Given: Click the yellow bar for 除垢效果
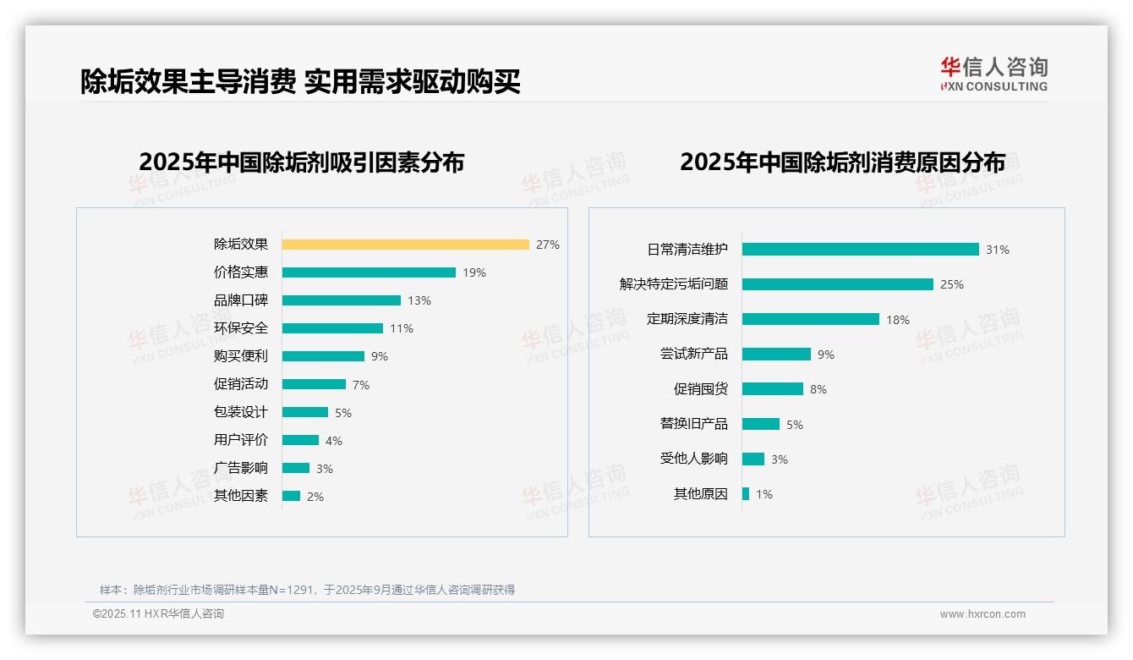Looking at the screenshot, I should point(406,245).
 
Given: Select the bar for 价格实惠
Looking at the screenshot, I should point(369,272).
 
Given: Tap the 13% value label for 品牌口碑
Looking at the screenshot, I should point(419,300).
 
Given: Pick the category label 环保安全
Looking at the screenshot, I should point(241,328).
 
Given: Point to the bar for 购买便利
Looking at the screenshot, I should point(323,356).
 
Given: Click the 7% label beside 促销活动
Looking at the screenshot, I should point(361,385).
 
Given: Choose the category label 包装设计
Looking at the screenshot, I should point(241,412).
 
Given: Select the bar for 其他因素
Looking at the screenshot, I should point(291,496).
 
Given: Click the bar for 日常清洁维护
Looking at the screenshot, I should point(861,250).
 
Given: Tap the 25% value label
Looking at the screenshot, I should point(952,284).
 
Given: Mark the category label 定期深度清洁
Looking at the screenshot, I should point(687,319).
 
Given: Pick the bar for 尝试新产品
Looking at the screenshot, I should point(776,355).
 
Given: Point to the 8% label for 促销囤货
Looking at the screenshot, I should point(818,389).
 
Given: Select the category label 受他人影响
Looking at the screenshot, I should point(694,459).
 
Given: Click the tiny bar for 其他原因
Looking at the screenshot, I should point(746,493).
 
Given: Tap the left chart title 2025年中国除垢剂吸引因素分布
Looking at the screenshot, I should point(302,162).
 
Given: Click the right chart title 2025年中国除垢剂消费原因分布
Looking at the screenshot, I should point(842,162).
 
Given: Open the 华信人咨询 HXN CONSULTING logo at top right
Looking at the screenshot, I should point(993,74).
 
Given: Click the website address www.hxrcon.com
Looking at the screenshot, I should point(982,614).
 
